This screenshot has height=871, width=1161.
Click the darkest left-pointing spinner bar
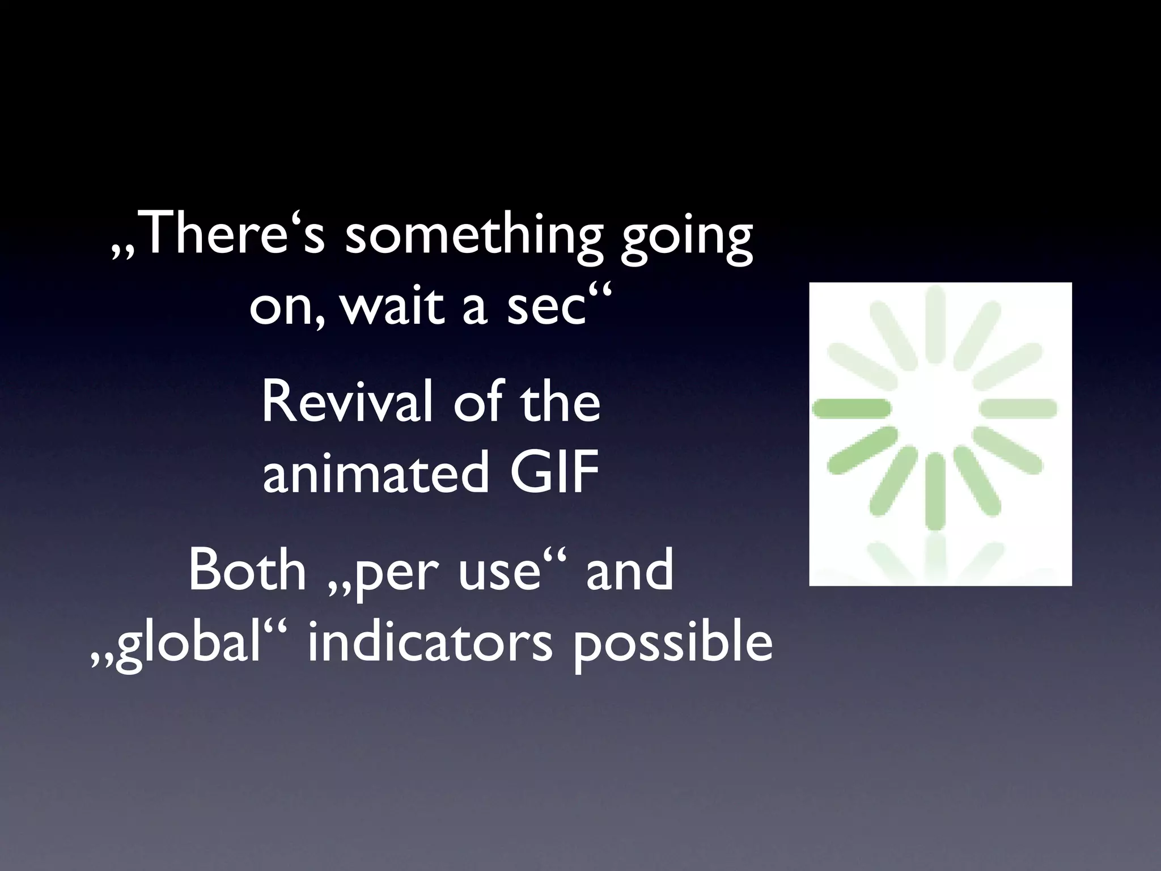point(851,408)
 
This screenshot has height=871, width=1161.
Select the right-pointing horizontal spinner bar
point(1018,408)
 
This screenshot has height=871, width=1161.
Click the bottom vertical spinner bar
point(935,491)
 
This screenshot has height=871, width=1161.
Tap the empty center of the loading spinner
point(935,408)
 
